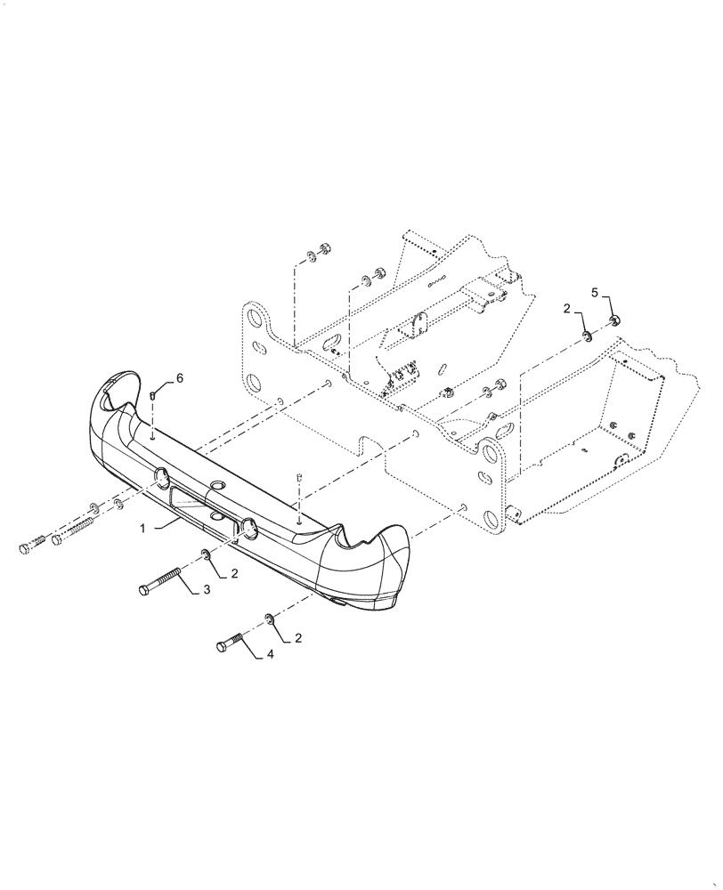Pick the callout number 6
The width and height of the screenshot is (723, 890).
coord(180,378)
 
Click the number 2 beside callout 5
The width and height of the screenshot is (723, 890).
coord(566,309)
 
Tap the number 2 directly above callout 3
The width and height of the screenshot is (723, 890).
coord(235,574)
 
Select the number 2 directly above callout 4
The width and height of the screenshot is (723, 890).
coord(297,637)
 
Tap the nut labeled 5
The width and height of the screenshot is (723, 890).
coord(613,320)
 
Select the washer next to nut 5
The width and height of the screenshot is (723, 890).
coord(588,336)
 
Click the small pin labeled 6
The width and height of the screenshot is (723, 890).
coord(153,395)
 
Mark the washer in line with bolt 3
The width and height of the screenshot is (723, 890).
coord(205,556)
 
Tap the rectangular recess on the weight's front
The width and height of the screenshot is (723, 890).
coord(200,503)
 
